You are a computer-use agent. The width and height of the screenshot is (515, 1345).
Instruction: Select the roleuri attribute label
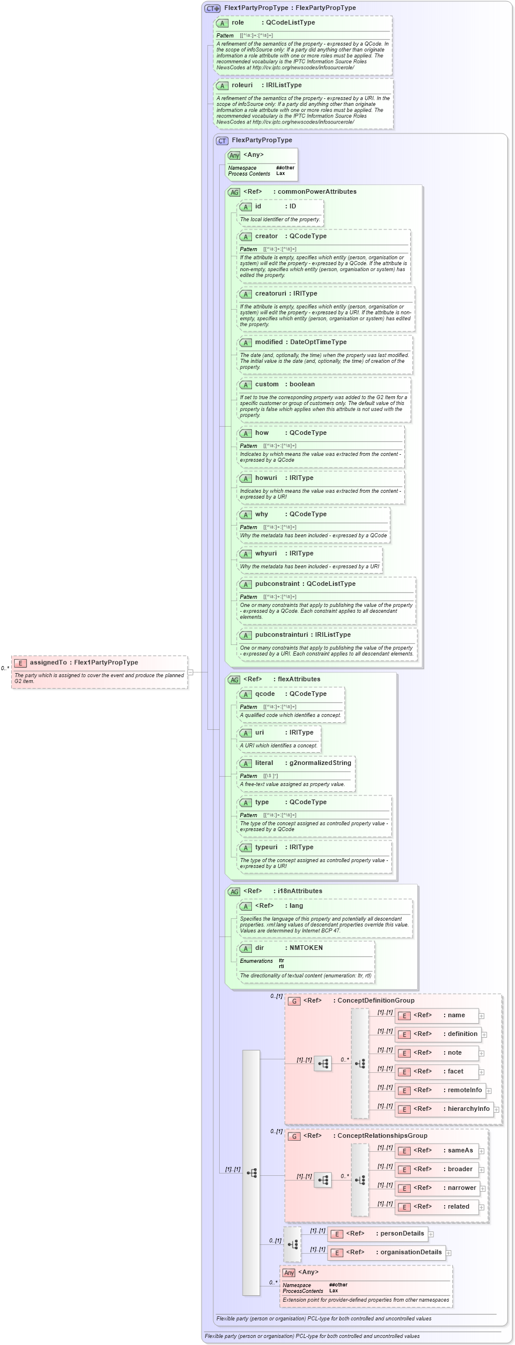[241, 85]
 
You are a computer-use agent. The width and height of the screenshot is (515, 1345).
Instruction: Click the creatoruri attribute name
[270, 294]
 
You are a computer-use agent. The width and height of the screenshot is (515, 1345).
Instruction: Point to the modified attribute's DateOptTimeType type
[318, 342]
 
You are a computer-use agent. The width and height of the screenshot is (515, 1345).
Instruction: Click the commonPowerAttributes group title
[316, 192]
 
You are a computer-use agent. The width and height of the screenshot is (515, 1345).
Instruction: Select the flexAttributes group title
[299, 680]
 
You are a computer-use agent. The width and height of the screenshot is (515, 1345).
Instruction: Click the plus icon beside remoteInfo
[489, 1091]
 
